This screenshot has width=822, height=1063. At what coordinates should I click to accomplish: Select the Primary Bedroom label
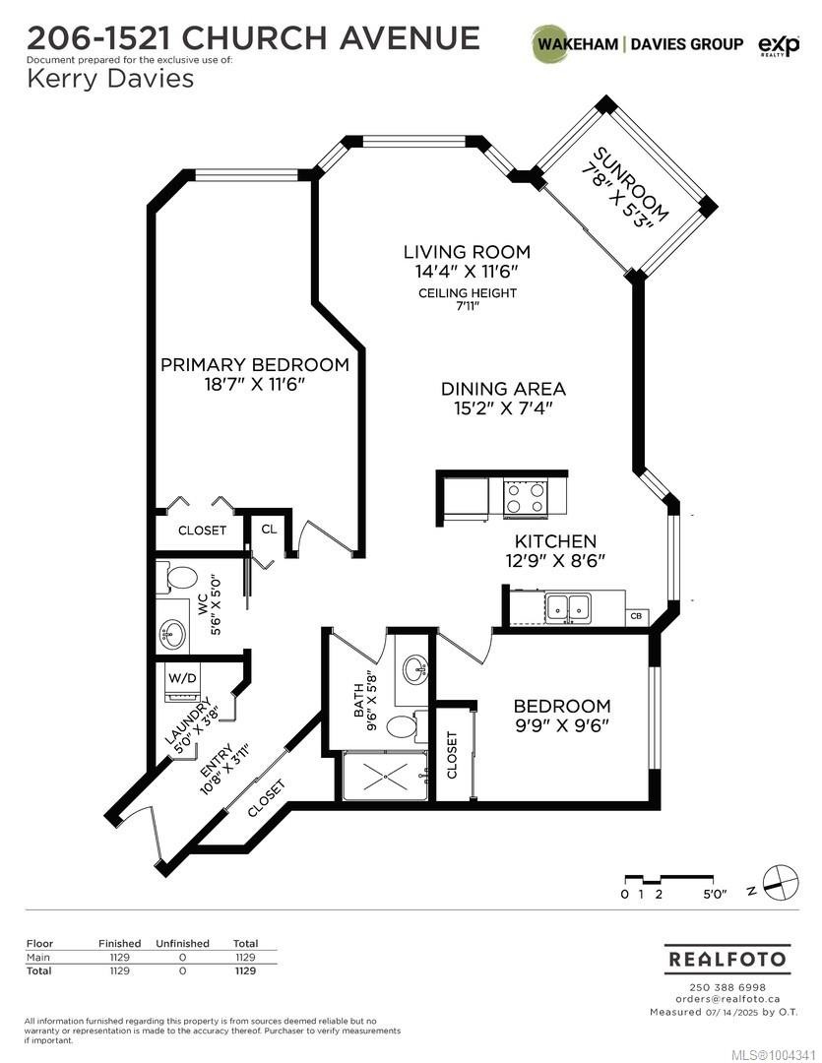[254, 364]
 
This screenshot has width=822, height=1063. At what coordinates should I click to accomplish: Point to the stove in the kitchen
[525, 497]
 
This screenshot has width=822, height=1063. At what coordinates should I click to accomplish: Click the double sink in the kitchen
[568, 607]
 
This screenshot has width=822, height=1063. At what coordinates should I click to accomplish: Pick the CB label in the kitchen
[636, 617]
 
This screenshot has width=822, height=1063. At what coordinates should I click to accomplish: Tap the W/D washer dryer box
[183, 678]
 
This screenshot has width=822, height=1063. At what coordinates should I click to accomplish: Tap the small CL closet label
[269, 529]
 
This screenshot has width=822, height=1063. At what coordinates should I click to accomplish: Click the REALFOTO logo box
[727, 958]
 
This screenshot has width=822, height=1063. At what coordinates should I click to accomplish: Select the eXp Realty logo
[777, 44]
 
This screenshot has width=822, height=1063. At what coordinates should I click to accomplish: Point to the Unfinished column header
[182, 943]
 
